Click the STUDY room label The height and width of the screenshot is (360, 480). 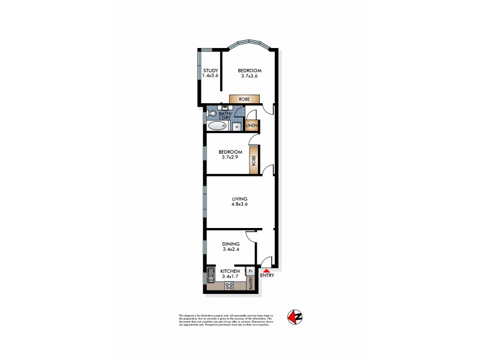[x=210, y=70]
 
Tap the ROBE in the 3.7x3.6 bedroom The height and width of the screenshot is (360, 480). [x=244, y=99]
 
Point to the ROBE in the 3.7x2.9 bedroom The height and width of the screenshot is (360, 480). [x=254, y=160]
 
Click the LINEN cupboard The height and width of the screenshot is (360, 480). [x=251, y=126]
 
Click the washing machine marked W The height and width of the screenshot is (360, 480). [x=236, y=127]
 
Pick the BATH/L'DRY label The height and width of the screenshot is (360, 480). [x=225, y=116]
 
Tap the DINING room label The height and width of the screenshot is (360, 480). [x=230, y=244]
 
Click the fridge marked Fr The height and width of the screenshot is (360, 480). [x=250, y=271]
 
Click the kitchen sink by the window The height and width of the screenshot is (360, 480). [x=211, y=275]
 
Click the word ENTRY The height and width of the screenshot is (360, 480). [x=268, y=277]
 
